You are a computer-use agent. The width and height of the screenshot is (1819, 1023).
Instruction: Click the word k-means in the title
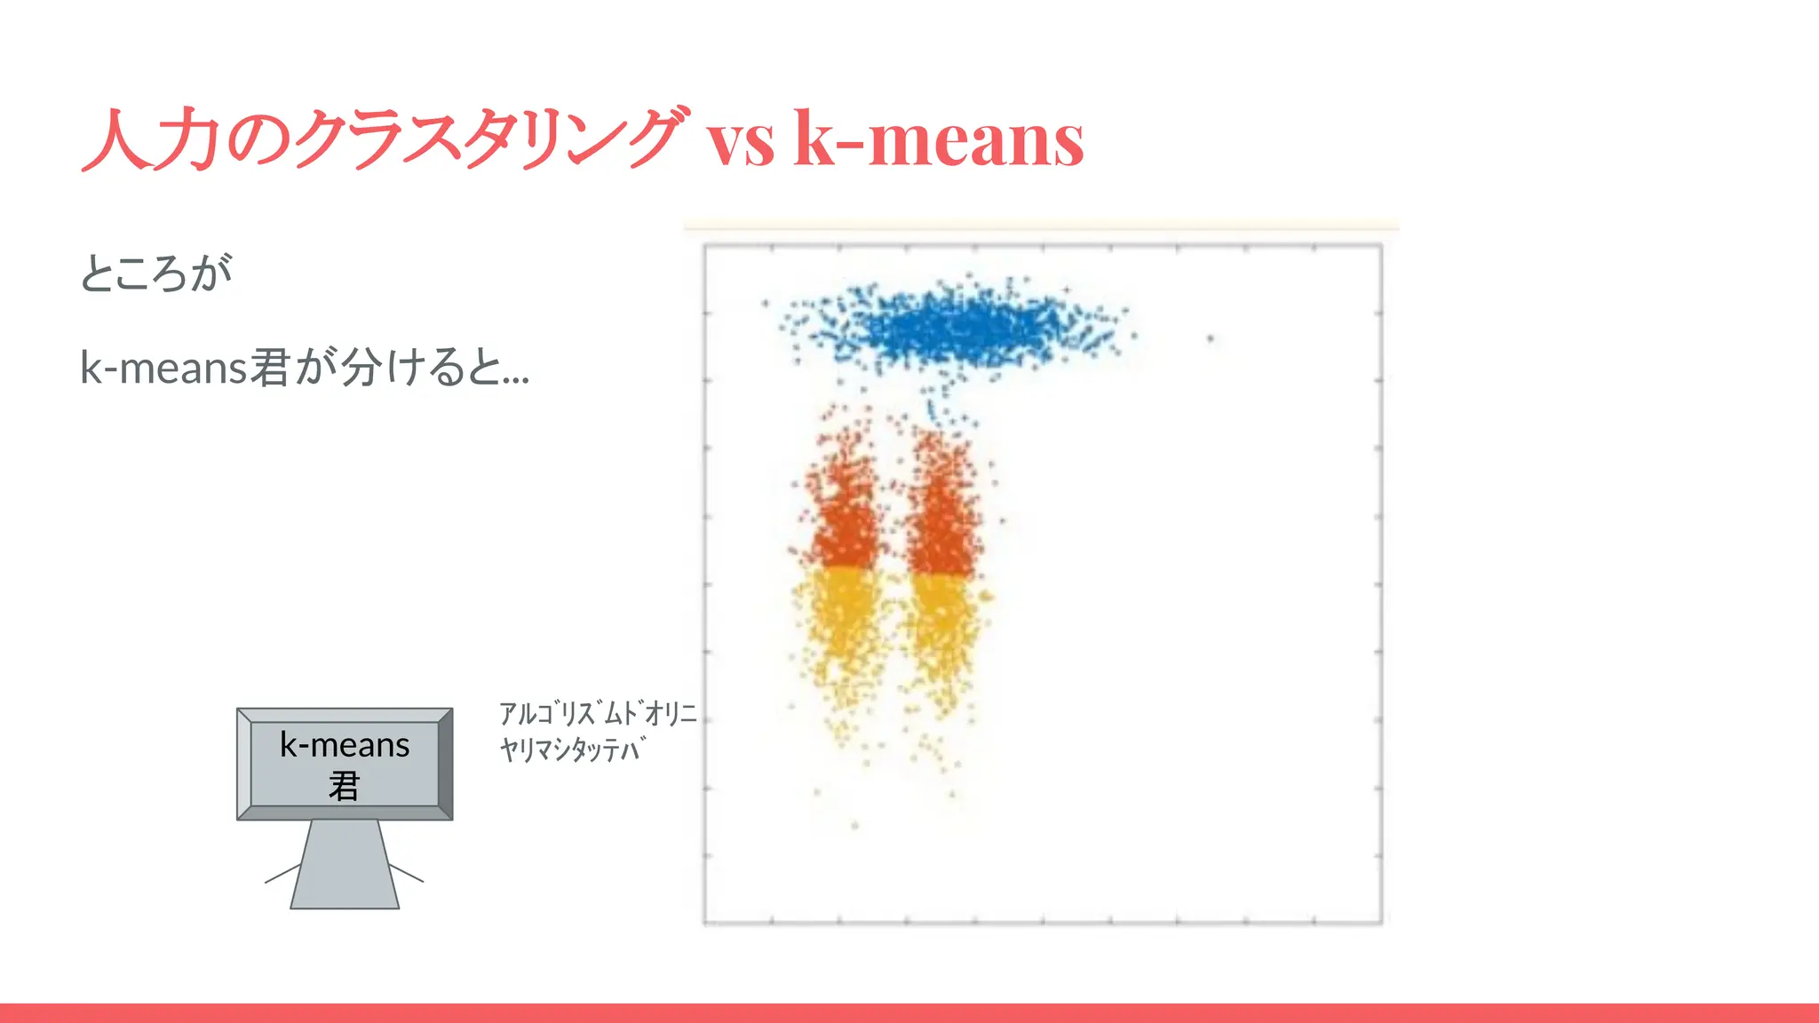pos(938,139)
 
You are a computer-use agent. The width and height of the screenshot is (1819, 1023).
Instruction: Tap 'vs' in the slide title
pos(740,142)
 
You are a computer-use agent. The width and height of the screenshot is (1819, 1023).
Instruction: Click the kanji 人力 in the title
pos(151,139)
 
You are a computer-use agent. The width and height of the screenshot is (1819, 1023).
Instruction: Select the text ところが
pos(156,273)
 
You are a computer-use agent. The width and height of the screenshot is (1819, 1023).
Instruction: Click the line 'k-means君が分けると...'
pos(305,367)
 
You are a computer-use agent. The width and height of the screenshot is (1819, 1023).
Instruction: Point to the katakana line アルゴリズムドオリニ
pos(598,713)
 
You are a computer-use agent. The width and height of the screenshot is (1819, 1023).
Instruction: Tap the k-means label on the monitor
pos(345,745)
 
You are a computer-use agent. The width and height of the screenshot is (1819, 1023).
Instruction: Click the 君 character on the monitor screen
pos(345,786)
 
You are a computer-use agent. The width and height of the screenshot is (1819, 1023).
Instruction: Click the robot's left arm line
pos(283,874)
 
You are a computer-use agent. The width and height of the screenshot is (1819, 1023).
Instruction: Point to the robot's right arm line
pos(406,872)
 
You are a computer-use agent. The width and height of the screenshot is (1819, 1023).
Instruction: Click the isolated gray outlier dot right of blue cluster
pos(1210,338)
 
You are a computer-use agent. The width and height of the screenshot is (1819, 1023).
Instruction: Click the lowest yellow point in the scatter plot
pos(854,826)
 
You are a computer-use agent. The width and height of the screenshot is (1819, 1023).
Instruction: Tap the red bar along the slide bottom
pos(909,1013)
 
